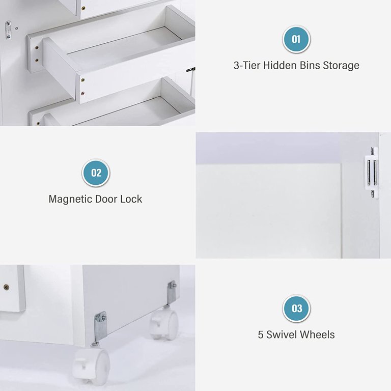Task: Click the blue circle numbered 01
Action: click(x=296, y=39)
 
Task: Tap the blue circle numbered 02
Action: click(x=96, y=173)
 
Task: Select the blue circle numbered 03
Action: click(x=296, y=308)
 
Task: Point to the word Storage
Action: click(x=341, y=66)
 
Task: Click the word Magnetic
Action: click(x=70, y=199)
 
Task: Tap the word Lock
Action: click(x=131, y=199)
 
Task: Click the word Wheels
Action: click(x=317, y=334)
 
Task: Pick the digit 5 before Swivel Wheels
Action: click(x=261, y=335)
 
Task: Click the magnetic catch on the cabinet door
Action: click(x=372, y=173)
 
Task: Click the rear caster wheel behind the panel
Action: click(x=164, y=324)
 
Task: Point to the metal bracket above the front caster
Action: click(x=100, y=327)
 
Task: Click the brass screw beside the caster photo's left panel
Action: click(x=6, y=287)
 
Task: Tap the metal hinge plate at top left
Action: click(x=8, y=30)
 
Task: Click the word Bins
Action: click(x=310, y=65)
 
